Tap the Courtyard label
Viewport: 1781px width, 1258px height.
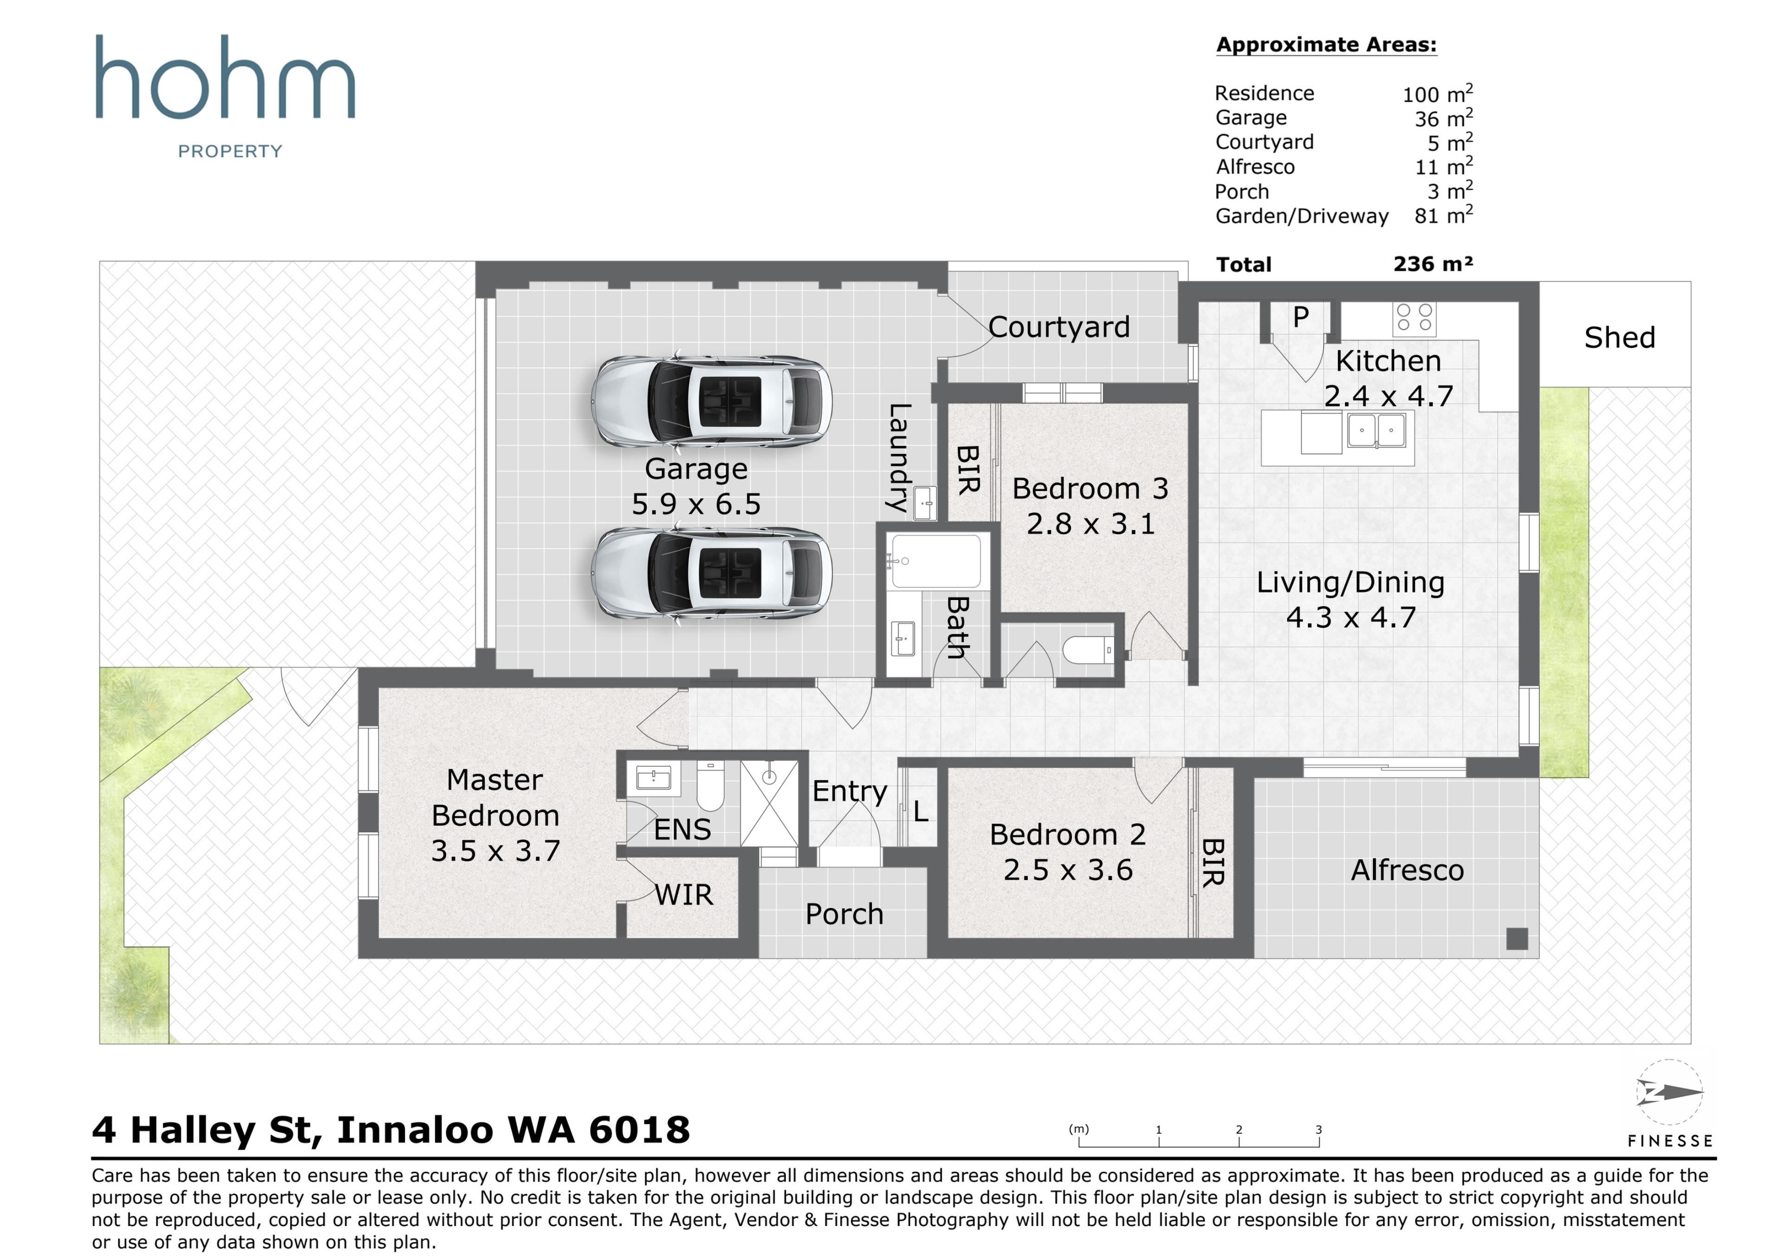click(1059, 327)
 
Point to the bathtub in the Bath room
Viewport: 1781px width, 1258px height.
click(935, 561)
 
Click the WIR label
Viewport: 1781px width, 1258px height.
click(683, 894)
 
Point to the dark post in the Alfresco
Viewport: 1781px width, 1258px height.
click(1517, 939)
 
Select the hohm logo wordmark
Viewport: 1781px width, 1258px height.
click(225, 77)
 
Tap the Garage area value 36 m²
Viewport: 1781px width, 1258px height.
click(1443, 118)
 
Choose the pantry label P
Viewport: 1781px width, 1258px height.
click(1301, 316)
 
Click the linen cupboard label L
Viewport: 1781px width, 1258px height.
click(921, 811)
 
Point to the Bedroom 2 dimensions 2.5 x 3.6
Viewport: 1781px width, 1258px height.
click(1068, 869)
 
